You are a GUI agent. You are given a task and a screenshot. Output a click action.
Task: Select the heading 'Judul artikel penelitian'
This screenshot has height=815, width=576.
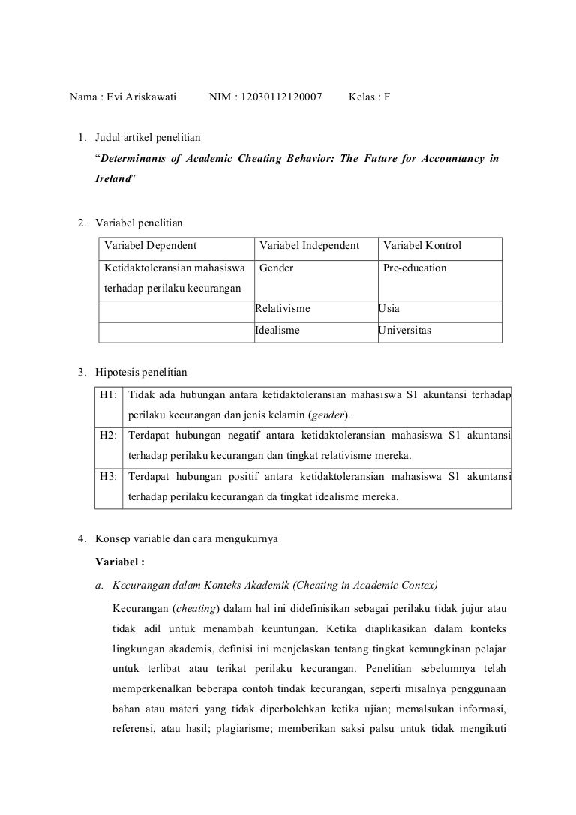(147, 138)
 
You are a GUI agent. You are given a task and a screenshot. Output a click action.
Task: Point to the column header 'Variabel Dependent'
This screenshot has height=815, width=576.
(150, 246)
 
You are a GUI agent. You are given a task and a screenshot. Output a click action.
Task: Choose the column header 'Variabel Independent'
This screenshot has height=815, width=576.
(309, 246)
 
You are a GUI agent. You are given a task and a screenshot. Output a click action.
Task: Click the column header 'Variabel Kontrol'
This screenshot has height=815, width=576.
(422, 246)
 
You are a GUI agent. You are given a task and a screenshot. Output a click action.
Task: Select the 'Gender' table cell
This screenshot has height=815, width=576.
(276, 268)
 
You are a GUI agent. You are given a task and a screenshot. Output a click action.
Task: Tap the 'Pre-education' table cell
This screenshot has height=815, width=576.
(415, 268)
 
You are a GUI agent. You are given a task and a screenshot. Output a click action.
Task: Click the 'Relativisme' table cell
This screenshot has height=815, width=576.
(283, 308)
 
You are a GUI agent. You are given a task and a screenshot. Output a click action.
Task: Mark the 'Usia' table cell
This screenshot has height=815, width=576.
(389, 308)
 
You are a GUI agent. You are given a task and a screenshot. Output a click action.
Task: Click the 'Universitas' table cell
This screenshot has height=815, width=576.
(405, 330)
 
